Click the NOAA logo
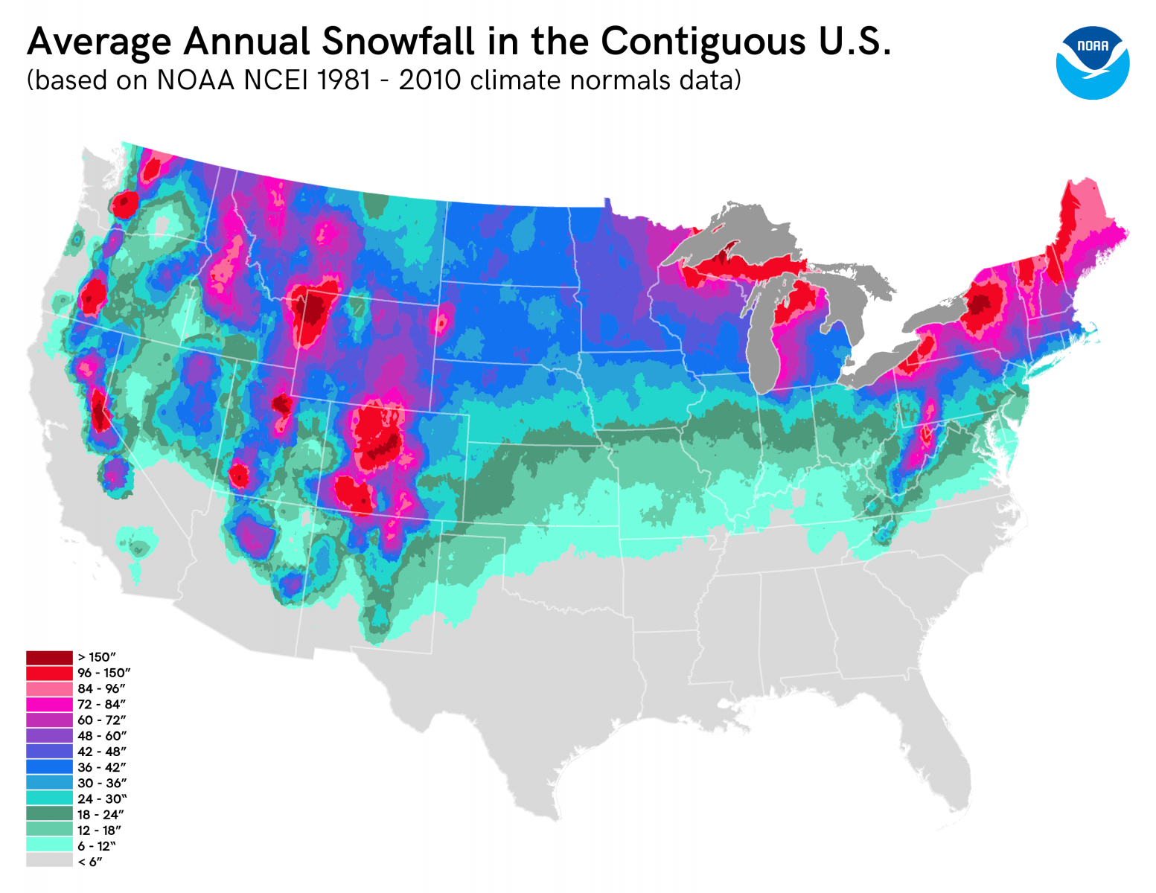tap(1092, 63)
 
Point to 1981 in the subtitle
tap(343, 80)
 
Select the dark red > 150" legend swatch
tap(49, 657)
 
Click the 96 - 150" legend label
tap(104, 673)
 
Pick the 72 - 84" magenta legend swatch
tap(49, 704)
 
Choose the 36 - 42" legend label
tap(101, 767)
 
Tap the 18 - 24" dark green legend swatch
tap(49, 814)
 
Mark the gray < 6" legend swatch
tap(49, 861)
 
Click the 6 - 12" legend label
tap(97, 846)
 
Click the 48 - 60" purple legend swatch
tap(49, 735)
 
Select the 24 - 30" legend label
tap(101, 799)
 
